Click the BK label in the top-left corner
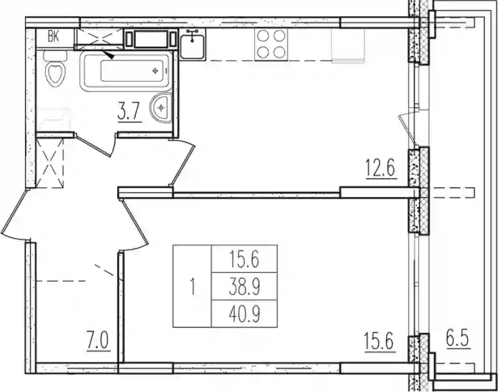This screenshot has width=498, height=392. [54, 37]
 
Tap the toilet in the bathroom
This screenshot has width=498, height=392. [55, 69]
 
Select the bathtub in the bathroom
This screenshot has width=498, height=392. [126, 71]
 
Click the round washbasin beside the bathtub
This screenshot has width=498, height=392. [162, 107]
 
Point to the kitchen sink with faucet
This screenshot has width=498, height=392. [192, 44]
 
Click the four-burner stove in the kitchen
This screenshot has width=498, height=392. [271, 44]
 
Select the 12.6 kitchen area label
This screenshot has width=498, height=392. [381, 169]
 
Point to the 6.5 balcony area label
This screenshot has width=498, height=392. [458, 340]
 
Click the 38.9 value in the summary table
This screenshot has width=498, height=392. [245, 288]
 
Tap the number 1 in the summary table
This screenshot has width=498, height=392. [192, 287]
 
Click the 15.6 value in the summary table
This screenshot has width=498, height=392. [245, 260]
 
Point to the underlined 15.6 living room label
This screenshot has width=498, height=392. [379, 342]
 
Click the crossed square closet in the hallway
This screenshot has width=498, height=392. [50, 162]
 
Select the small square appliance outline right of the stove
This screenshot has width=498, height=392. [348, 45]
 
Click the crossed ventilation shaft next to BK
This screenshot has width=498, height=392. [99, 38]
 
